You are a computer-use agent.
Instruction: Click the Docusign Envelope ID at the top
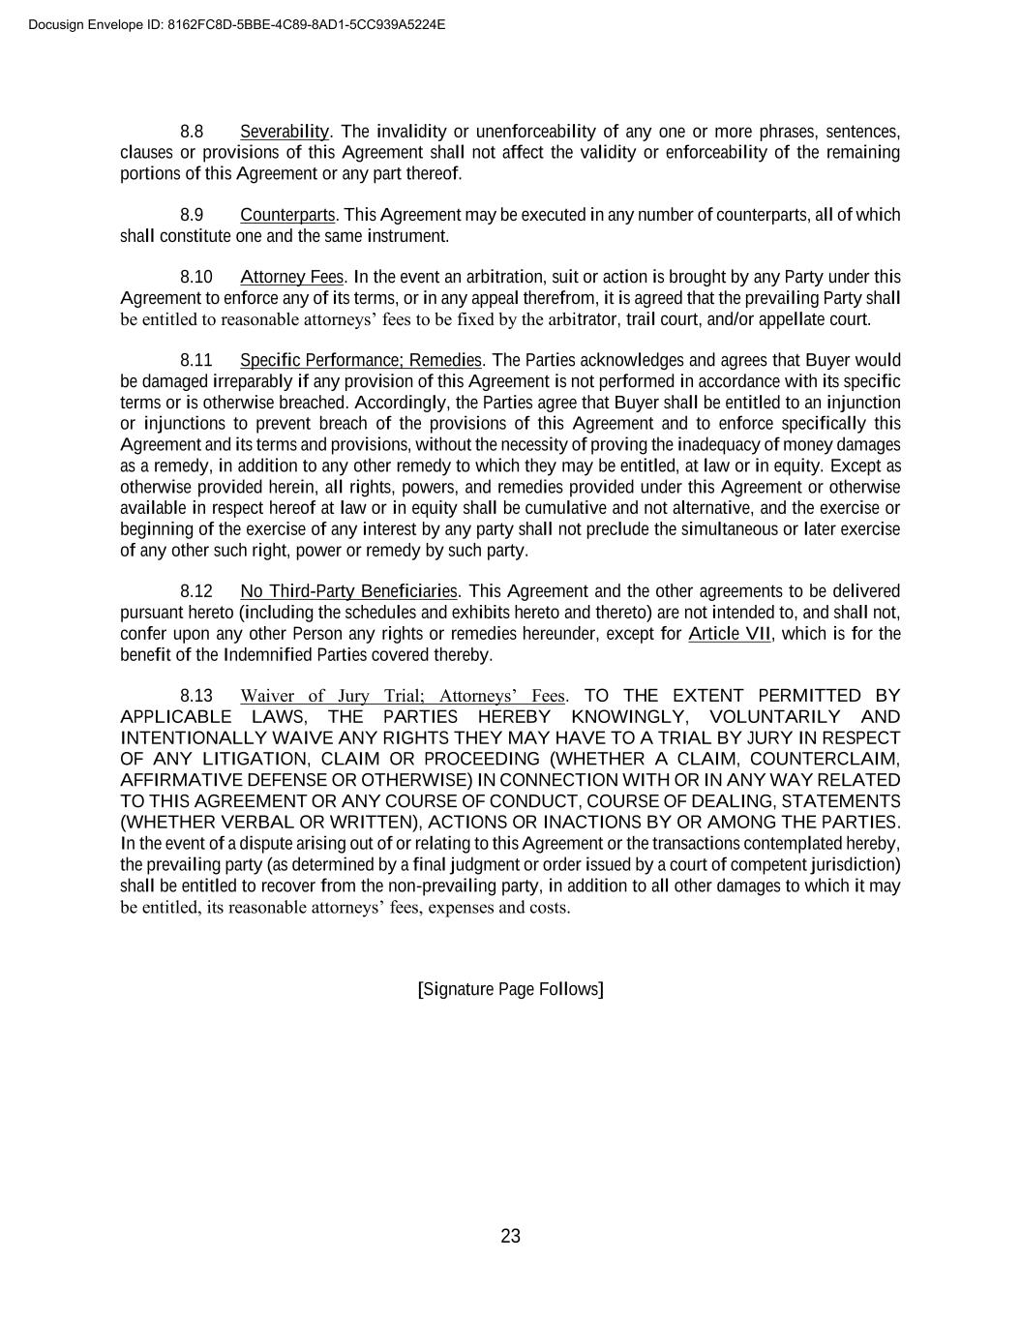click(x=237, y=24)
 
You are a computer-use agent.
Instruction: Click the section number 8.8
click(x=192, y=132)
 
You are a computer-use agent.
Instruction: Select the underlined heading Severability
click(x=285, y=132)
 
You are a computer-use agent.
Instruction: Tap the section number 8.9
click(x=192, y=215)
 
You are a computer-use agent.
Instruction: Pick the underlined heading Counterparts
click(x=287, y=215)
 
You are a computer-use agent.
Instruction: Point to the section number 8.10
click(x=195, y=278)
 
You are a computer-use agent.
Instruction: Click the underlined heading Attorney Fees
click(x=291, y=278)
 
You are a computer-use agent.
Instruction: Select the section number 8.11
click(x=195, y=361)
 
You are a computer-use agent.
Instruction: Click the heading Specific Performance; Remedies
click(x=360, y=361)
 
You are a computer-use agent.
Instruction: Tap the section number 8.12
click(x=195, y=591)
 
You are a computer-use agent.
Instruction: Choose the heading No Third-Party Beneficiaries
click(x=348, y=591)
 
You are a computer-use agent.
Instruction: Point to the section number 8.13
click(x=195, y=696)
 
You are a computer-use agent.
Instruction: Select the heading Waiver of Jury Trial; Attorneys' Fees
click(x=403, y=696)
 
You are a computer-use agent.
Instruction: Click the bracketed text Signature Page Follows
click(x=510, y=989)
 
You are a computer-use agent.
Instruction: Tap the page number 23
click(x=510, y=1236)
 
